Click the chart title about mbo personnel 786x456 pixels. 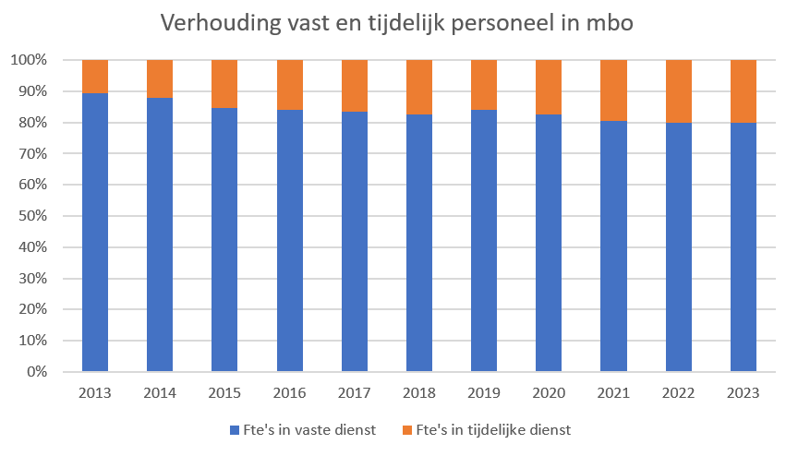pyautogui.click(x=396, y=23)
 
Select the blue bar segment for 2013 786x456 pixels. pyautogui.click(x=95, y=231)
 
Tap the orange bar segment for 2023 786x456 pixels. pyautogui.click(x=744, y=91)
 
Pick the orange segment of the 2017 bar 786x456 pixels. pyautogui.click(x=355, y=86)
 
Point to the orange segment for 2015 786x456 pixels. pyautogui.click(x=224, y=84)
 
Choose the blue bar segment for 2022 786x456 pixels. pyautogui.click(x=679, y=246)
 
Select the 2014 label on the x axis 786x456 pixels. pyautogui.click(x=160, y=393)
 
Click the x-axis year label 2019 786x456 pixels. pyautogui.click(x=484, y=393)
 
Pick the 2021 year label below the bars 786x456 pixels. pyautogui.click(x=614, y=393)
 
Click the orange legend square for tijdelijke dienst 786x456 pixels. pyautogui.click(x=409, y=430)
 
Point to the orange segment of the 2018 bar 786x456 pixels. pyautogui.click(x=419, y=87)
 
